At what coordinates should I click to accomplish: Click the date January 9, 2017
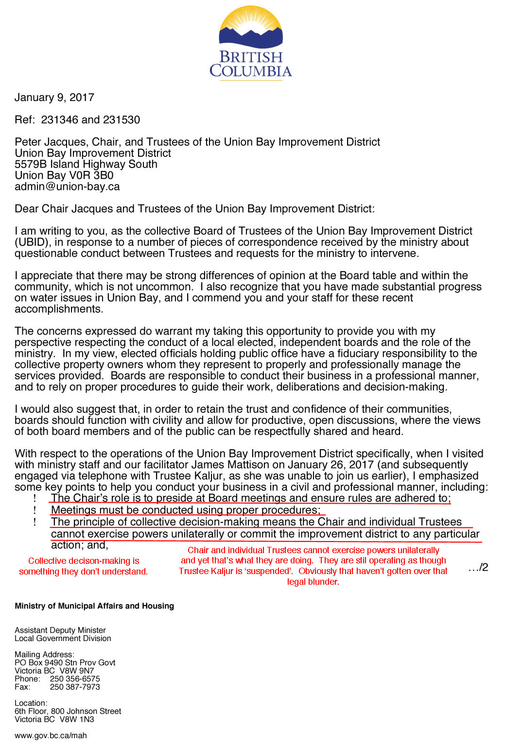(54, 97)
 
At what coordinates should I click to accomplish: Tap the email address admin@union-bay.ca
(67, 186)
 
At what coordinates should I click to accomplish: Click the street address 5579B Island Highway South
(86, 164)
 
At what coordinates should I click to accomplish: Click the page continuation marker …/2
(478, 567)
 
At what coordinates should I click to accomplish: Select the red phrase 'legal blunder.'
(313, 582)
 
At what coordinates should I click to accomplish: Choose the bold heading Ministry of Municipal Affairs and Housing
(94, 606)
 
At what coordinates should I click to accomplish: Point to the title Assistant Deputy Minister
(60, 630)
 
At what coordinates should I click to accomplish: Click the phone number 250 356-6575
(75, 679)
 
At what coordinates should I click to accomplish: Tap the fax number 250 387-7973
(75, 687)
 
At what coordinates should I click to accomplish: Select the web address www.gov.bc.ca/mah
(51, 736)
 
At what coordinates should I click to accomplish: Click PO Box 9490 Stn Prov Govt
(65, 662)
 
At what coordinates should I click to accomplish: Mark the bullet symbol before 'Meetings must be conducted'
(35, 510)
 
